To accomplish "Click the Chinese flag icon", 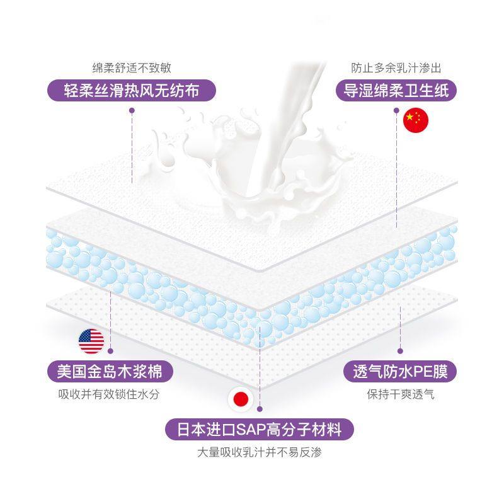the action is (x=415, y=120).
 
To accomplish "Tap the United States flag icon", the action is (x=91, y=341).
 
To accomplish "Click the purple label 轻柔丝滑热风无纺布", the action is (x=132, y=91).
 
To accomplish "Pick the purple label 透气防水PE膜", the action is (x=399, y=371).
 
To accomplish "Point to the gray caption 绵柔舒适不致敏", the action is (x=132, y=67).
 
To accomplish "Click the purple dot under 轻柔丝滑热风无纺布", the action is (x=132, y=110).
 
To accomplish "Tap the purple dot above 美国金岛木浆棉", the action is (x=111, y=350).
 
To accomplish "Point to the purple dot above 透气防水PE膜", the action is (x=399, y=351).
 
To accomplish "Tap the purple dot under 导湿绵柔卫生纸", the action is (x=396, y=110).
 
